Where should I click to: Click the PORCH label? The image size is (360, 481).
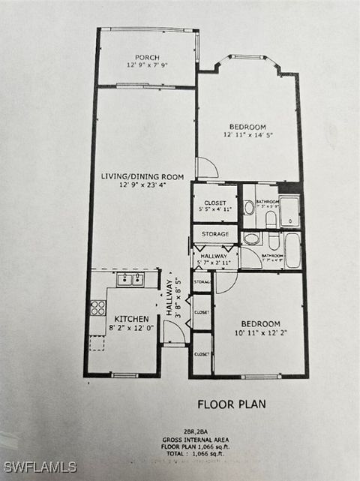pos(147,57)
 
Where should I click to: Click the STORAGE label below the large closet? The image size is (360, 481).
pos(214,234)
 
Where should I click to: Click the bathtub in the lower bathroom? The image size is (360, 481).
pos(292,250)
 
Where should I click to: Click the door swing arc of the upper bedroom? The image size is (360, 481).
pos(207,168)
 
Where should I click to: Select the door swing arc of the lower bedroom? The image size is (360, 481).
pos(225,281)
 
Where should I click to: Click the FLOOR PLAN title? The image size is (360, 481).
pos(231,404)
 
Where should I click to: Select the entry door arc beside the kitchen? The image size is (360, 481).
pos(174,332)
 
